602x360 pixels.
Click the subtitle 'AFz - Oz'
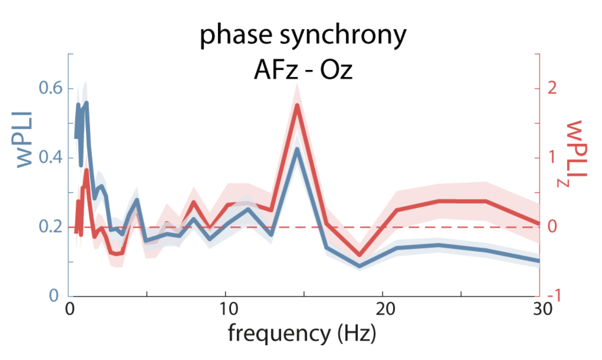[303, 70]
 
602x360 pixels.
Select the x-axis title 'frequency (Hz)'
[302, 333]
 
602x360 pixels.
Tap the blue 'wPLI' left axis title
[24, 140]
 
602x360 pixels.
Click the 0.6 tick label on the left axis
[50, 88]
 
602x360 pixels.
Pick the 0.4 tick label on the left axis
[50, 157]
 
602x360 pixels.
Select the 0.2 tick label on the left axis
[50, 227]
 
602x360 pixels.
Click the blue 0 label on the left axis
[54, 296]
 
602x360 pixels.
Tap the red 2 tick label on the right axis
[552, 88]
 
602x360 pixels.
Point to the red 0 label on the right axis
[552, 227]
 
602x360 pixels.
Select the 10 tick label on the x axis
[228, 309]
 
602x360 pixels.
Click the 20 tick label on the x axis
[385, 309]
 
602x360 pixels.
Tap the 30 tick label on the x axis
[542, 309]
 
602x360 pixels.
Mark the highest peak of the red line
[297, 105]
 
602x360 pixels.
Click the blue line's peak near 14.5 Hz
[297, 149]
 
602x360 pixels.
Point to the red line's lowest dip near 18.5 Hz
[360, 255]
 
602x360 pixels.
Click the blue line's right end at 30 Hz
[539, 260]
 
